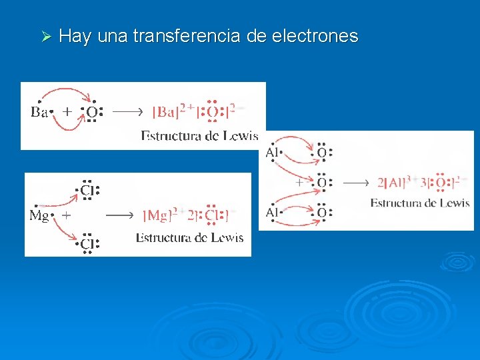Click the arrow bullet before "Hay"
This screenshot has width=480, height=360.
click(46, 36)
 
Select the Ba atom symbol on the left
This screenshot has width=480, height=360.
click(39, 112)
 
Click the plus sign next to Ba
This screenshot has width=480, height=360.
click(67, 111)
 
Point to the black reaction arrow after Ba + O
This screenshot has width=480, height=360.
click(126, 112)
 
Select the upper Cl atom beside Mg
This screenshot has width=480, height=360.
click(87, 191)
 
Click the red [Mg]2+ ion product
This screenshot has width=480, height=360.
click(160, 215)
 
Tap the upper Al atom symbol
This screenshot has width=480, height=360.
click(273, 153)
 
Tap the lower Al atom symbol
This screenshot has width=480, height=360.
click(273, 213)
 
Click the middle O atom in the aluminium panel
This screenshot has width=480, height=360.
click(321, 182)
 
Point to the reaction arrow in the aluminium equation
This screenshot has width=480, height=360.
click(357, 182)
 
